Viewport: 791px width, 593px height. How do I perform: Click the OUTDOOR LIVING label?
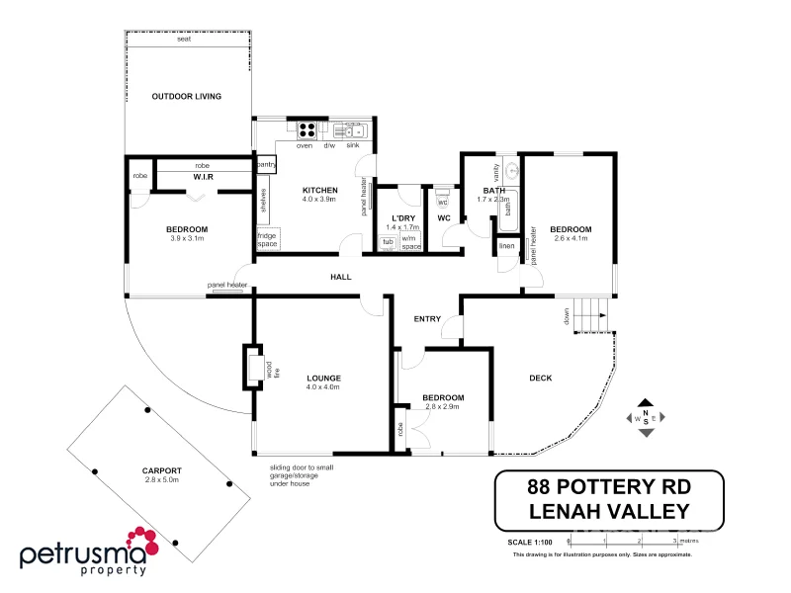click(x=186, y=97)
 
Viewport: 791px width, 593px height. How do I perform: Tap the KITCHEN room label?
click(x=319, y=190)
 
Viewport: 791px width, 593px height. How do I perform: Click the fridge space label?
click(x=267, y=239)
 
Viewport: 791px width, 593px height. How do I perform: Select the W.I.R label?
click(x=204, y=177)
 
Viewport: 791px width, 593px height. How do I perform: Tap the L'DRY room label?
click(x=402, y=217)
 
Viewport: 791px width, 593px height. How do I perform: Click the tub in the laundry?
click(x=389, y=242)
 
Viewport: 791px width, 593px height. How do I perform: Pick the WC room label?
click(x=444, y=217)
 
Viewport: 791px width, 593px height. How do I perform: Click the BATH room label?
click(x=494, y=190)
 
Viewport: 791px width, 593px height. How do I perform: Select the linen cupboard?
click(x=506, y=246)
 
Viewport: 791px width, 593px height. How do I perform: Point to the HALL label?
click(x=341, y=278)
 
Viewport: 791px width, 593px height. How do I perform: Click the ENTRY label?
click(x=427, y=318)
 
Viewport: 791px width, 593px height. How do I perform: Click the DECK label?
click(x=540, y=378)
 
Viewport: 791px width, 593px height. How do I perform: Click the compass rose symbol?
click(x=646, y=418)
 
